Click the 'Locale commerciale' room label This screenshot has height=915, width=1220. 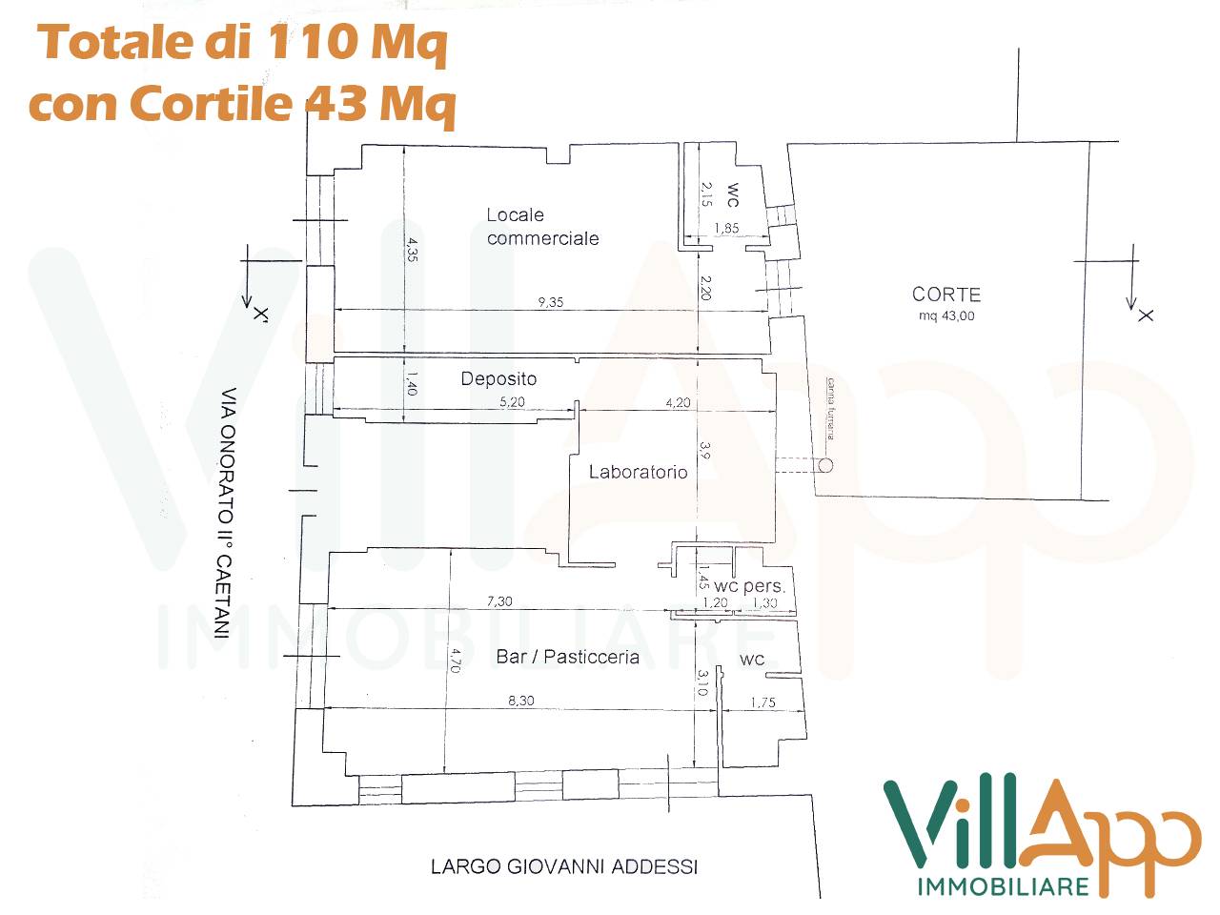click(542, 227)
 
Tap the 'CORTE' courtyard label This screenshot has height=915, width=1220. click(945, 295)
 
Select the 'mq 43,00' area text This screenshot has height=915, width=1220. click(945, 316)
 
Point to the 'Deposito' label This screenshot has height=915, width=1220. click(498, 378)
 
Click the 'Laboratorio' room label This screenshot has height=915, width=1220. click(638, 472)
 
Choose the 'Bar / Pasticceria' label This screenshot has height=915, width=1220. click(567, 657)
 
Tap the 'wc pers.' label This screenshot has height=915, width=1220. click(749, 586)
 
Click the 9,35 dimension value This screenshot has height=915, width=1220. click(550, 302)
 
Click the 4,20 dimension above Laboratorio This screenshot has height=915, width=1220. click(677, 403)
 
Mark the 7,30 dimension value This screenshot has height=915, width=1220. click(499, 601)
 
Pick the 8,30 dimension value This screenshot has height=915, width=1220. click(520, 701)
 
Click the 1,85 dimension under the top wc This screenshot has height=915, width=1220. click(725, 229)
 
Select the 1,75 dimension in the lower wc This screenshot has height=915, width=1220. click(762, 703)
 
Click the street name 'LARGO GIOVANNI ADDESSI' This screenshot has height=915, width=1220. click(563, 866)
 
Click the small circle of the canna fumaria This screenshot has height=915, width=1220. click(825, 466)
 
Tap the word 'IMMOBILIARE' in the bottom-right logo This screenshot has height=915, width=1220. click(1002, 886)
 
